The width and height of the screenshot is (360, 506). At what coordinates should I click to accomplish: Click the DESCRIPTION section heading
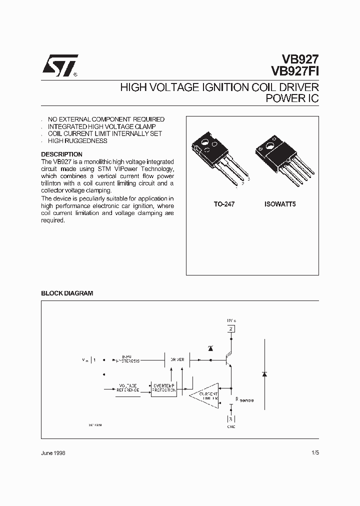pos(61,154)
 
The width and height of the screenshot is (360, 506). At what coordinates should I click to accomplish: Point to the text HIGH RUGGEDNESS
pos(77,141)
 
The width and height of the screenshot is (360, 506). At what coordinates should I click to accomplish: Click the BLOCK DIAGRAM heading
pos(67,293)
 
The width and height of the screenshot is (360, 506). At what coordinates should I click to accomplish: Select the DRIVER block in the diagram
pos(177,359)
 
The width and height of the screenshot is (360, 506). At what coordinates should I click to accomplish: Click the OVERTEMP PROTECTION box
pos(164,388)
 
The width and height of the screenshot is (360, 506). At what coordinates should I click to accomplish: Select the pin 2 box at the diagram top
pos(230,328)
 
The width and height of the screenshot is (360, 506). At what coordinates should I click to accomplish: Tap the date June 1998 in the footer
pos(53,452)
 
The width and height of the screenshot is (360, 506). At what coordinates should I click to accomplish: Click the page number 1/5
pos(314,452)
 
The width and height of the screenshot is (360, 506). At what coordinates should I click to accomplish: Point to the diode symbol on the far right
pos(265,374)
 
